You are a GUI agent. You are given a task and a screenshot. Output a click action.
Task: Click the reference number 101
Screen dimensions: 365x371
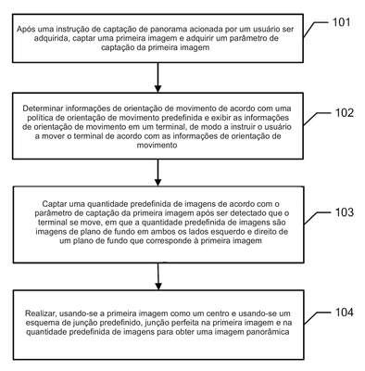[341, 22]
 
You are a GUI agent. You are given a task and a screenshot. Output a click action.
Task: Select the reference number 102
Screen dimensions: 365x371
[345, 113]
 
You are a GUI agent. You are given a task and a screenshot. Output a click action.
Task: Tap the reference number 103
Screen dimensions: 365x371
[345, 212]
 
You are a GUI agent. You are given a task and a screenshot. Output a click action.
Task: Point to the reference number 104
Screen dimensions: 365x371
[345, 313]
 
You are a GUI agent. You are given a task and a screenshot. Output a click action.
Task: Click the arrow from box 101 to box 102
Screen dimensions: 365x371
[157, 77]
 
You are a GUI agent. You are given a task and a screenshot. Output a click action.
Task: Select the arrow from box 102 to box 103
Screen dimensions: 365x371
[157, 173]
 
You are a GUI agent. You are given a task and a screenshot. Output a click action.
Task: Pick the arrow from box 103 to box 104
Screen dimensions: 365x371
[158, 276]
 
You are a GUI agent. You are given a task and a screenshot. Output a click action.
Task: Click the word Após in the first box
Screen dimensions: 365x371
[24, 30]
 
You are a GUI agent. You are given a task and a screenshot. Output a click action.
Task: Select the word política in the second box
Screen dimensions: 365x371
[39, 118]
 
